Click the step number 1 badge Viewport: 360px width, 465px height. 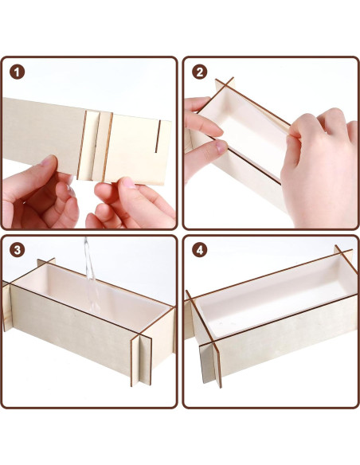click(x=17, y=72)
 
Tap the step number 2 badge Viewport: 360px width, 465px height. click(x=200, y=72)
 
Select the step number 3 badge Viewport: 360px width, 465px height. click(x=17, y=250)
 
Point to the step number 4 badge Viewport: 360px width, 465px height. click(x=200, y=250)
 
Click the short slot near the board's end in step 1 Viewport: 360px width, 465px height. click(x=158, y=136)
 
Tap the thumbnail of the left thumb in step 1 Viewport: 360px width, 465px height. click(x=48, y=160)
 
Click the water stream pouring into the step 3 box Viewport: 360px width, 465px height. click(x=92, y=275)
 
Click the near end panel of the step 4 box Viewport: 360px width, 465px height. click(x=210, y=363)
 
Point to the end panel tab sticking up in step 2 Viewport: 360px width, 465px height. click(x=225, y=84)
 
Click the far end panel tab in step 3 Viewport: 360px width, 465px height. click(x=46, y=264)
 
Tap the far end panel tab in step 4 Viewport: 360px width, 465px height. click(x=344, y=252)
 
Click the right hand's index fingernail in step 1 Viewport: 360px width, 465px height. click(x=128, y=182)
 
